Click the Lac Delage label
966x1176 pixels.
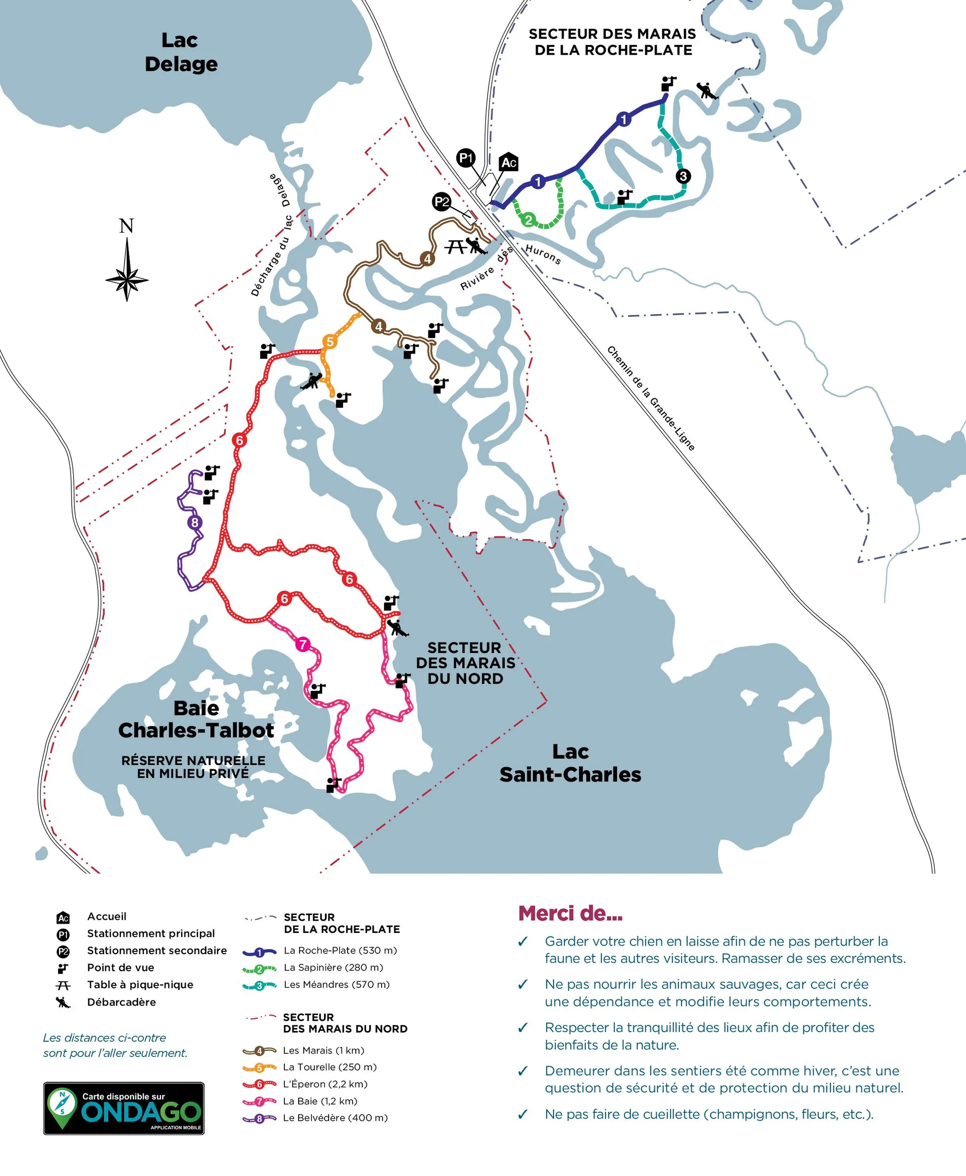click(x=180, y=52)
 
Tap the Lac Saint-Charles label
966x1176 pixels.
click(x=570, y=764)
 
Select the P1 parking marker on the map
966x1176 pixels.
click(x=466, y=158)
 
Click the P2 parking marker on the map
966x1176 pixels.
click(x=442, y=202)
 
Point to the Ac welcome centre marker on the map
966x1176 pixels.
click(x=508, y=162)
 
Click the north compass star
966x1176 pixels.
click(x=127, y=277)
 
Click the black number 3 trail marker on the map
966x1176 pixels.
click(x=683, y=176)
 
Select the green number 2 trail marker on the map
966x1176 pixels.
click(x=529, y=219)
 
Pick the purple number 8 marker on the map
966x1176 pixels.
click(x=194, y=522)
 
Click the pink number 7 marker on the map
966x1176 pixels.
click(x=303, y=644)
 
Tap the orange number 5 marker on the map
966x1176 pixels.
click(x=330, y=341)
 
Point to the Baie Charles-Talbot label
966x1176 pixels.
click(x=196, y=719)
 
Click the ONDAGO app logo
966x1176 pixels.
click(x=124, y=1108)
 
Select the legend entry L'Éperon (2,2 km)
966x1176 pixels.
click(x=325, y=1084)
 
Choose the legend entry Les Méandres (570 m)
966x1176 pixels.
click(x=336, y=984)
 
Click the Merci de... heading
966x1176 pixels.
click(x=570, y=913)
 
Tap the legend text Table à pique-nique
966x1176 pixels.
click(x=140, y=984)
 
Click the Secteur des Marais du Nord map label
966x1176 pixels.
click(x=465, y=663)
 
